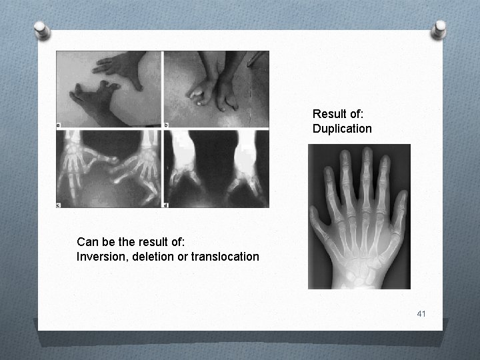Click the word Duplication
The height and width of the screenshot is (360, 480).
click(x=342, y=128)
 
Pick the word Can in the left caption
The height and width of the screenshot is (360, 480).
click(x=87, y=241)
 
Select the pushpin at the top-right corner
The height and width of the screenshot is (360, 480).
click(x=440, y=29)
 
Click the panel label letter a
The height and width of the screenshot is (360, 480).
click(x=59, y=124)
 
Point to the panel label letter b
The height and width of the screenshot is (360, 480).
click(x=167, y=125)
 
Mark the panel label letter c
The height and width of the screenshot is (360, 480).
click(x=59, y=204)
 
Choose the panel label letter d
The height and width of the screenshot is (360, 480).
click(x=167, y=204)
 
